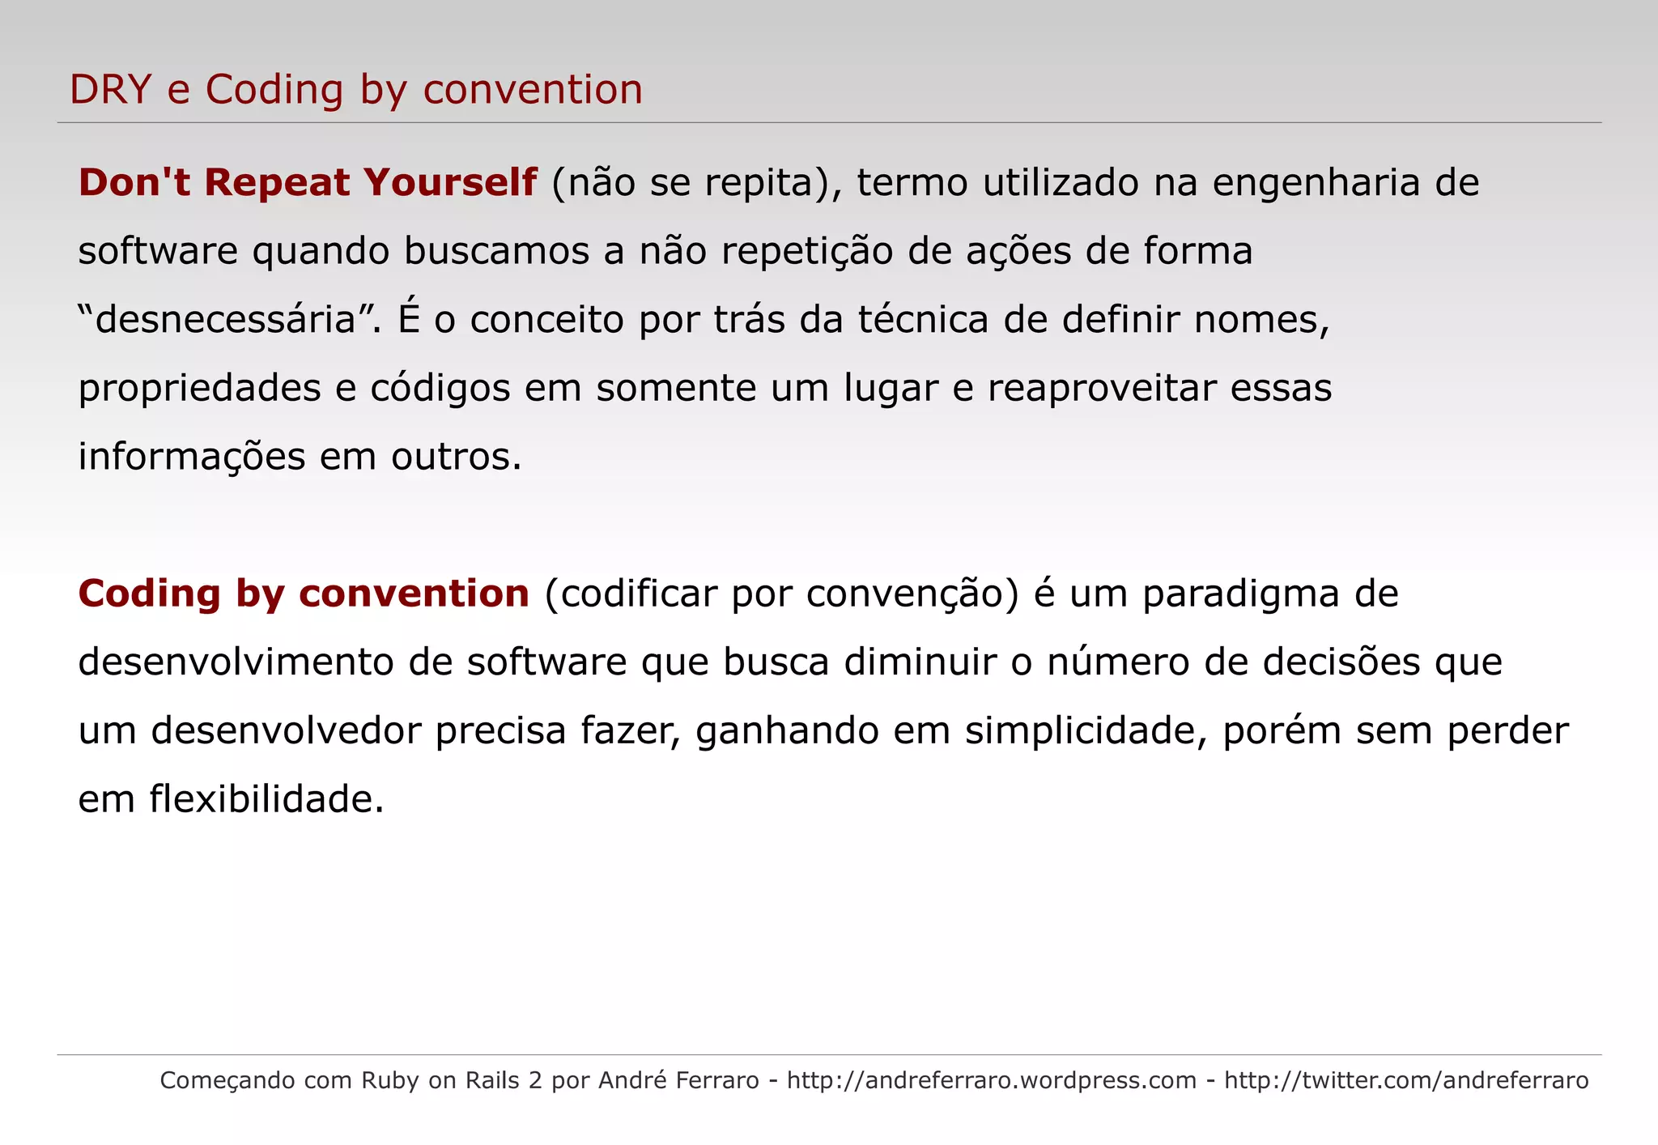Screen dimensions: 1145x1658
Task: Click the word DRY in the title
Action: pyautogui.click(x=111, y=89)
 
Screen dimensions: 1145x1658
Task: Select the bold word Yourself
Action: pyautogui.click(x=450, y=182)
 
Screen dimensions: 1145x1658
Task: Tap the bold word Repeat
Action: pyautogui.click(x=277, y=182)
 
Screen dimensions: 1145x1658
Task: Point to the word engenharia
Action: pyautogui.click(x=1316, y=182)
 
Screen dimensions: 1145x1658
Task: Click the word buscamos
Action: pyautogui.click(x=496, y=251)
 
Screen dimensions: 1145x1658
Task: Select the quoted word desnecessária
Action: pyautogui.click(x=226, y=320)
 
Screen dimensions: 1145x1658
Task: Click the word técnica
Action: pyautogui.click(x=923, y=320)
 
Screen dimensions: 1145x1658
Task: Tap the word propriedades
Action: pyautogui.click(x=199, y=389)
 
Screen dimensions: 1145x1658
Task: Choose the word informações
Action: pyautogui.click(x=192, y=457)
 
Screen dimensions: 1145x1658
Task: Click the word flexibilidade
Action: pyautogui.click(x=266, y=800)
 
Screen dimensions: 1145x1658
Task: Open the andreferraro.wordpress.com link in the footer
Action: pyautogui.click(x=991, y=1080)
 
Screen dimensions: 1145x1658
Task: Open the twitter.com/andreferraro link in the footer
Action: pyautogui.click(x=1405, y=1080)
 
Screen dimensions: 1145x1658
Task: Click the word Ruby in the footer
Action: pyautogui.click(x=389, y=1080)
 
